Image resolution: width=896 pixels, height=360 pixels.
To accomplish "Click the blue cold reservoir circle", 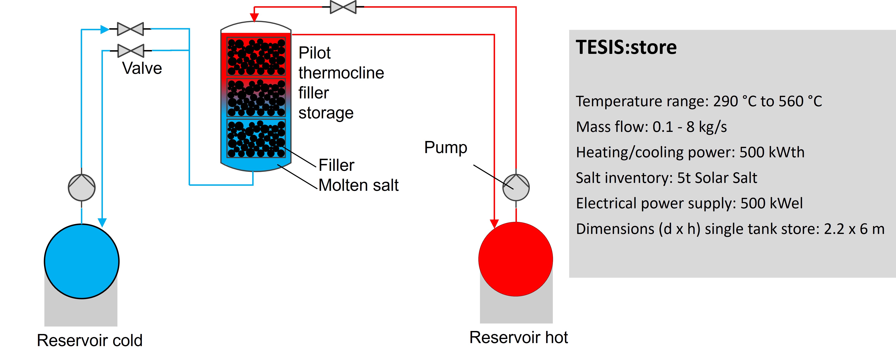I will (x=82, y=261).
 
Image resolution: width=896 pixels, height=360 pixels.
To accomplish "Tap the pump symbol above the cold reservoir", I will (x=82, y=188).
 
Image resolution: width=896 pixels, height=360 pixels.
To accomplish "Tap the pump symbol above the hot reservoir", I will (x=516, y=188).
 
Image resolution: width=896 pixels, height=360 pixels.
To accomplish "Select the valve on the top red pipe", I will (x=343, y=7).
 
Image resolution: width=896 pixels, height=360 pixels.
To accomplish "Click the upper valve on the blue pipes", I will (x=130, y=29).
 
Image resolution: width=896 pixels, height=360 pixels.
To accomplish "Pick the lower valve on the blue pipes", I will (x=131, y=51).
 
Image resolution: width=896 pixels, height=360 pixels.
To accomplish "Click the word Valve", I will (x=142, y=68).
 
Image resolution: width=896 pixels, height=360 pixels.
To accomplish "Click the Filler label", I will (x=336, y=165).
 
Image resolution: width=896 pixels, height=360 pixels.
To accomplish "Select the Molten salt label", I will (x=358, y=185).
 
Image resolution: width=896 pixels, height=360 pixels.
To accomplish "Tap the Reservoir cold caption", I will (x=90, y=340).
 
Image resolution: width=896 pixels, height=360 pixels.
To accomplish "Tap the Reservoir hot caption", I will (x=519, y=337).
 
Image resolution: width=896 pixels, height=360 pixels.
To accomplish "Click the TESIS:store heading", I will (x=626, y=47).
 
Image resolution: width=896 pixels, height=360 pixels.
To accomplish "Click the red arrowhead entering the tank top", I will (x=255, y=17).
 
